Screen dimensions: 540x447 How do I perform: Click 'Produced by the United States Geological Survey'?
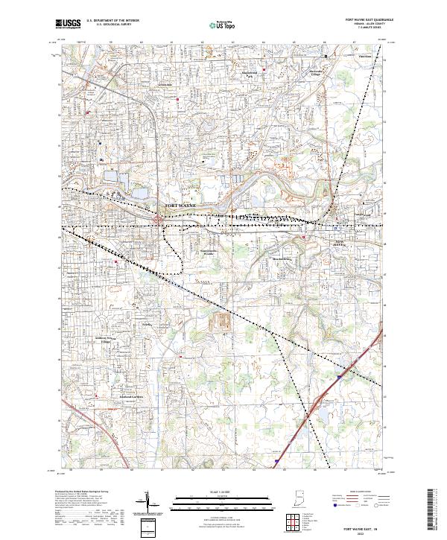[x=74, y=492]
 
